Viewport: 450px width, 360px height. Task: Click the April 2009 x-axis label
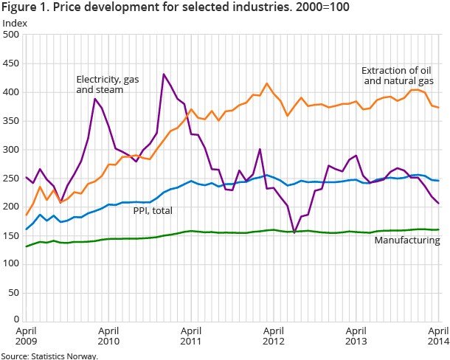coord(26,336)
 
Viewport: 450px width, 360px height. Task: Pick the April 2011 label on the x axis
coord(190,336)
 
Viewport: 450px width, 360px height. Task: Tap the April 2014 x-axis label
coord(438,336)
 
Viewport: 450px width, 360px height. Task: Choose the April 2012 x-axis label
coord(274,336)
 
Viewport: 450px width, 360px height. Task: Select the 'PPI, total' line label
coord(153,211)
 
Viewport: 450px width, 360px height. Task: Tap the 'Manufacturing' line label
coord(406,240)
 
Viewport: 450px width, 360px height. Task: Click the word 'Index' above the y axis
coord(15,22)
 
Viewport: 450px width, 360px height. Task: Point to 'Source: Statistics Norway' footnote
coord(49,355)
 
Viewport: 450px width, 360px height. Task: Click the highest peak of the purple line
coord(163,75)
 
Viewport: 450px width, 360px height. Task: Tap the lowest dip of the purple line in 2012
coord(294,232)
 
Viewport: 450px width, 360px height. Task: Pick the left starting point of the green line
coord(26,246)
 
